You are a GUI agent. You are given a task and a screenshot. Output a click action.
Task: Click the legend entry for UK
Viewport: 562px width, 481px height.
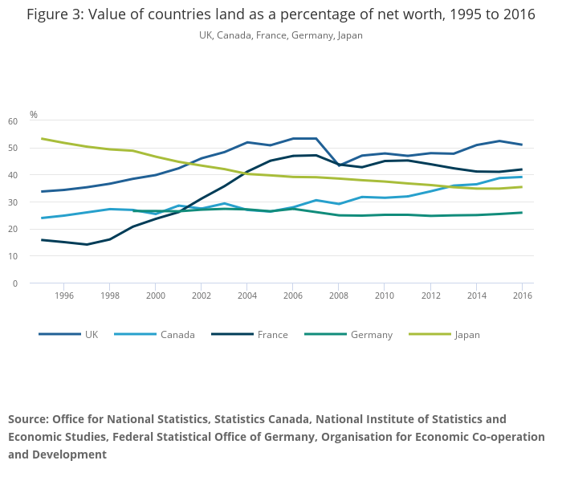pyautogui.click(x=92, y=335)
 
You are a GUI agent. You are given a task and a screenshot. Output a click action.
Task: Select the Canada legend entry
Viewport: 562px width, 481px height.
pyautogui.click(x=177, y=335)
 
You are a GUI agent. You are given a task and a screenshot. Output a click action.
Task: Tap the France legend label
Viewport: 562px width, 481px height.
pyautogui.click(x=273, y=335)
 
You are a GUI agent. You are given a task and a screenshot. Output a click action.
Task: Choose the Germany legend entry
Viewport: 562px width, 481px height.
pyautogui.click(x=371, y=335)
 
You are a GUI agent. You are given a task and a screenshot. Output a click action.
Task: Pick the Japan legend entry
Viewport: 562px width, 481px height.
pyautogui.click(x=466, y=335)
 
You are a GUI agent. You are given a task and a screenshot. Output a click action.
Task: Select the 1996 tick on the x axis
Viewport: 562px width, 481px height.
pyautogui.click(x=64, y=296)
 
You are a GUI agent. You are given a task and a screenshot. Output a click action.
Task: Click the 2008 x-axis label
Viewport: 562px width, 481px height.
pyautogui.click(x=339, y=296)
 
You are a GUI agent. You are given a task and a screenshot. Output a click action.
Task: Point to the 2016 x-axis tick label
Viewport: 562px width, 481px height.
pyautogui.click(x=522, y=296)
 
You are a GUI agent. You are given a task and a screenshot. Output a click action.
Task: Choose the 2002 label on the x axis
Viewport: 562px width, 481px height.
pyautogui.click(x=202, y=296)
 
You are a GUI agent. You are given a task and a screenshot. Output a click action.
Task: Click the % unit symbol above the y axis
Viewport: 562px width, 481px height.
pyautogui.click(x=34, y=115)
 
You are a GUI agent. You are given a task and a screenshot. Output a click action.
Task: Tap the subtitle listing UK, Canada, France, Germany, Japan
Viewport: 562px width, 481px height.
pyautogui.click(x=281, y=35)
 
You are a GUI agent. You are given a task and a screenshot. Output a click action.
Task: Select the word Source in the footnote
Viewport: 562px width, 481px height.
pyautogui.click(x=28, y=419)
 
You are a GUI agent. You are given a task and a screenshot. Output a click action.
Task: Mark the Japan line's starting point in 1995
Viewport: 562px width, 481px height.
pyautogui.click(x=42, y=139)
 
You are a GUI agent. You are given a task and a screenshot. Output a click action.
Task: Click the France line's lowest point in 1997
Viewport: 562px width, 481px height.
pyautogui.click(x=88, y=244)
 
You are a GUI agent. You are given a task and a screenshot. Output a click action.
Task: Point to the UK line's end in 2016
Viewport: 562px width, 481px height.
pyautogui.click(x=522, y=145)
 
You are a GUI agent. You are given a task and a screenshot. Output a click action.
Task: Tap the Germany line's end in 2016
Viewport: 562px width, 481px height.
pyautogui.click(x=522, y=213)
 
